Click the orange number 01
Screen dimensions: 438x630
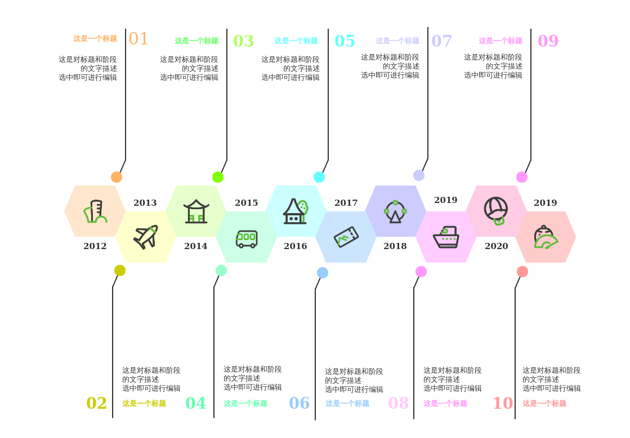click(138, 39)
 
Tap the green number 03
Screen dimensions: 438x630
click(243, 41)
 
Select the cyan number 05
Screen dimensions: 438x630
click(345, 41)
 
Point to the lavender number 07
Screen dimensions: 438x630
click(441, 41)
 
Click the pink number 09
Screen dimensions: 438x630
click(548, 41)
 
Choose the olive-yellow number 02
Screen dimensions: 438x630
click(96, 403)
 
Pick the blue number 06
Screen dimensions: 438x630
click(299, 403)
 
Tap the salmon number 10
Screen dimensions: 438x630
click(503, 403)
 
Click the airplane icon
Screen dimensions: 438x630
click(146, 237)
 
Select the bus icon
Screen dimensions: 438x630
click(247, 238)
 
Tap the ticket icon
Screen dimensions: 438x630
click(346, 237)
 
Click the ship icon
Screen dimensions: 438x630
click(446, 237)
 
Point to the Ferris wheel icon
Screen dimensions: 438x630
click(395, 211)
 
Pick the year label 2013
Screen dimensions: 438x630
click(145, 203)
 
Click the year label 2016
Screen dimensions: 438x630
click(296, 246)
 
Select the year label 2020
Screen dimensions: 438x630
click(497, 246)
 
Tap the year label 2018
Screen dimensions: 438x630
click(395, 246)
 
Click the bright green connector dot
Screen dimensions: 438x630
click(218, 177)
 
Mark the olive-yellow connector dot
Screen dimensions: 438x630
click(120, 270)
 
